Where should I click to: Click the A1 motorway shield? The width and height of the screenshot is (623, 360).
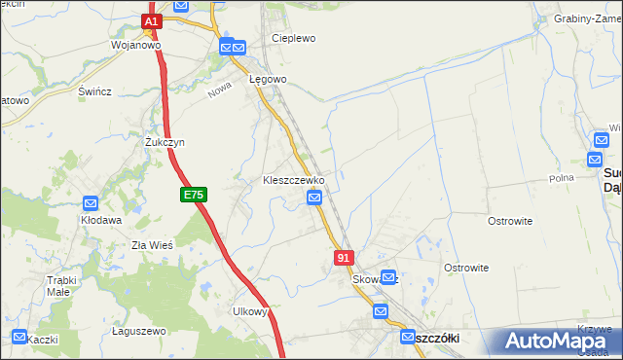151,20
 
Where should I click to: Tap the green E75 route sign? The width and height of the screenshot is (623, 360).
193,196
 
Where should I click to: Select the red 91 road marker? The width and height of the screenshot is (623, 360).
343,257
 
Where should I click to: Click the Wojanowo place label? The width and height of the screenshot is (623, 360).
135,45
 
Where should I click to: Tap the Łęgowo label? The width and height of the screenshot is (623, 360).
267,79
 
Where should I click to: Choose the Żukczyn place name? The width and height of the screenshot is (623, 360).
165,142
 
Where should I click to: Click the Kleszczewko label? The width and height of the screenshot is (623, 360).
293,181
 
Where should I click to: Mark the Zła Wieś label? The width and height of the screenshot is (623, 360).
152,245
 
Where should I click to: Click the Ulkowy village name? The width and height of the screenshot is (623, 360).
249,311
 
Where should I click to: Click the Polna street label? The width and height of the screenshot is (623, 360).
561,178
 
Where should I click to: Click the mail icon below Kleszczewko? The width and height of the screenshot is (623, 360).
314,198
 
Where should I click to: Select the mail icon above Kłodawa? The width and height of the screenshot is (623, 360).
90,203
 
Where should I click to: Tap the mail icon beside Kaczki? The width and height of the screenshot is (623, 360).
18,338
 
